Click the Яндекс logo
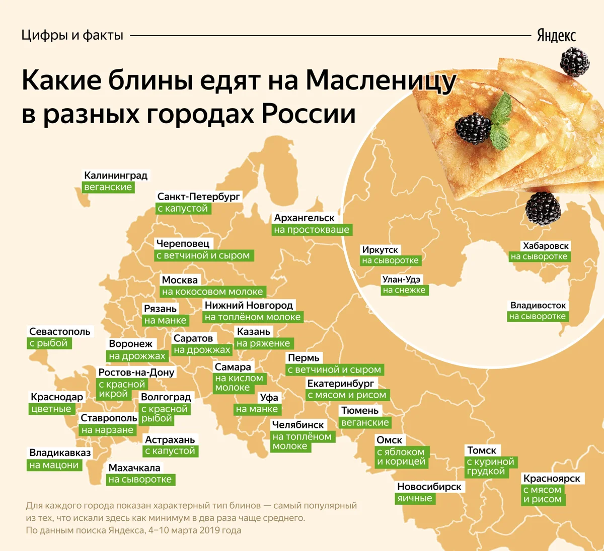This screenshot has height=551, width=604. click(556, 36)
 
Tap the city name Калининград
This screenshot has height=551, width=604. click(116, 175)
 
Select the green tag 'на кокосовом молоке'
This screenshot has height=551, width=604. click(212, 292)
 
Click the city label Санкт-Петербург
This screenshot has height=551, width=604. click(199, 197)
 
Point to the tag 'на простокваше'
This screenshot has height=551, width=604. click(312, 230)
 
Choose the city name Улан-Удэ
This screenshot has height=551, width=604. click(401, 280)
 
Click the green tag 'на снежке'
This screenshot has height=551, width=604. click(404, 290)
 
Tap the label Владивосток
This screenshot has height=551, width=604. click(538, 305)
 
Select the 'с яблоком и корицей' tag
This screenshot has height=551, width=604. click(401, 456)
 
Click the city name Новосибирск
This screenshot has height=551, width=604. click(429, 487)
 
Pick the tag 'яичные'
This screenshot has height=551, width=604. click(415, 498)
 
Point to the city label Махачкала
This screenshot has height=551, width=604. click(134, 468)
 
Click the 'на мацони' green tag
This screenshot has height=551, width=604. click(54, 465)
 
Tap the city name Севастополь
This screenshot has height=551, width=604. click(60, 331)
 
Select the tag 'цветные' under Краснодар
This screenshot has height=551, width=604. click(51, 409)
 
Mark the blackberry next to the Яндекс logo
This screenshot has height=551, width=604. click(574, 61)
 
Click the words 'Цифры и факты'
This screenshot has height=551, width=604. click(72, 35)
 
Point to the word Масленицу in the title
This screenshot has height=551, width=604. click(381, 81)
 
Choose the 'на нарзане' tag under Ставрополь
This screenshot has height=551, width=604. click(107, 430)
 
